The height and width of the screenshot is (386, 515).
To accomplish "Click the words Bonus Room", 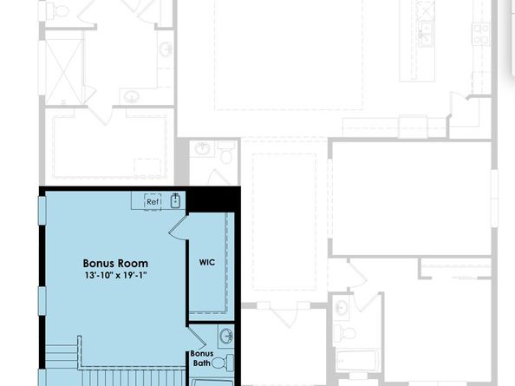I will click(115, 263).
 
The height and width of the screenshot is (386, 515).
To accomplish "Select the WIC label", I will click(206, 261).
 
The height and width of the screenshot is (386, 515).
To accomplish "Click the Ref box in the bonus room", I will click(153, 201).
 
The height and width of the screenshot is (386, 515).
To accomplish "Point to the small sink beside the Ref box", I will click(175, 201).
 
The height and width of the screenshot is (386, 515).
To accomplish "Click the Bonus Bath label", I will click(201, 358).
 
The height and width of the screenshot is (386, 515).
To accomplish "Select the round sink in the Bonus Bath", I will click(226, 335).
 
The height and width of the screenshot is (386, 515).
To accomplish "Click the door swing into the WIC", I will click(178, 227).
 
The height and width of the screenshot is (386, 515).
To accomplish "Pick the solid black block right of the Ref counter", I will click(213, 199).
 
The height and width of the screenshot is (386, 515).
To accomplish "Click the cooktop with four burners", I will click(480, 33).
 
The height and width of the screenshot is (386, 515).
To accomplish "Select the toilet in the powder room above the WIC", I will click(225, 154).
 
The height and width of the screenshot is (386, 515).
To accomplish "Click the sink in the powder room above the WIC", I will click(202, 148).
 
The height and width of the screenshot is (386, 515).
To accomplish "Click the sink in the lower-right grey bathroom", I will click(342, 306).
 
